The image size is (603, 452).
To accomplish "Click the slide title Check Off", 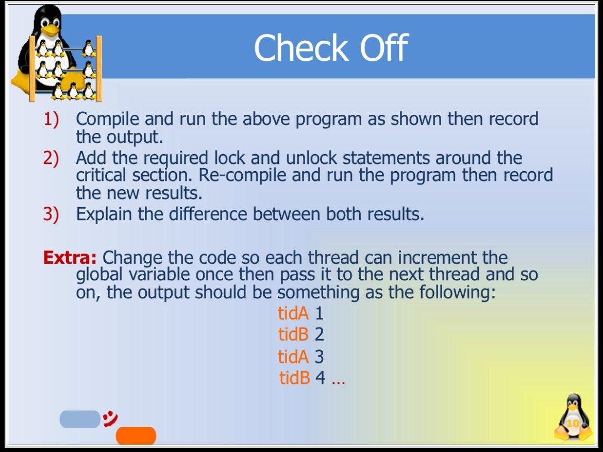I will pyautogui.click(x=330, y=48).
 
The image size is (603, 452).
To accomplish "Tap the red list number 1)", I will pyautogui.click(x=51, y=119).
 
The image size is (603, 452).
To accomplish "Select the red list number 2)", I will pyautogui.click(x=51, y=158).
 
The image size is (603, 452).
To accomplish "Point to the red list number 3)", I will pyautogui.click(x=51, y=213).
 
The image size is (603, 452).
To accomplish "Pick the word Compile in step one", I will pyautogui.click(x=108, y=119).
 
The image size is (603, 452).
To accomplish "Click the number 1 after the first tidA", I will pyautogui.click(x=319, y=313).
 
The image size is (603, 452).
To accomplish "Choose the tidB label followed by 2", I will pyautogui.click(x=293, y=334).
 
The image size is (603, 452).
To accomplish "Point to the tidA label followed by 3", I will pyautogui.click(x=293, y=356).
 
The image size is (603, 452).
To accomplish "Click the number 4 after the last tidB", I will pyautogui.click(x=320, y=378).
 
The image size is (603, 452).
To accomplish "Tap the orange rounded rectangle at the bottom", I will pyautogui.click(x=136, y=436).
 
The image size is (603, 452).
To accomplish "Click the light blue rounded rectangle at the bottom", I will pyautogui.click(x=79, y=419).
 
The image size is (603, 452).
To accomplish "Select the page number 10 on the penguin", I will pyautogui.click(x=573, y=424).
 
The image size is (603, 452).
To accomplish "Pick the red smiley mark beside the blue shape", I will pyautogui.click(x=110, y=418).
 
